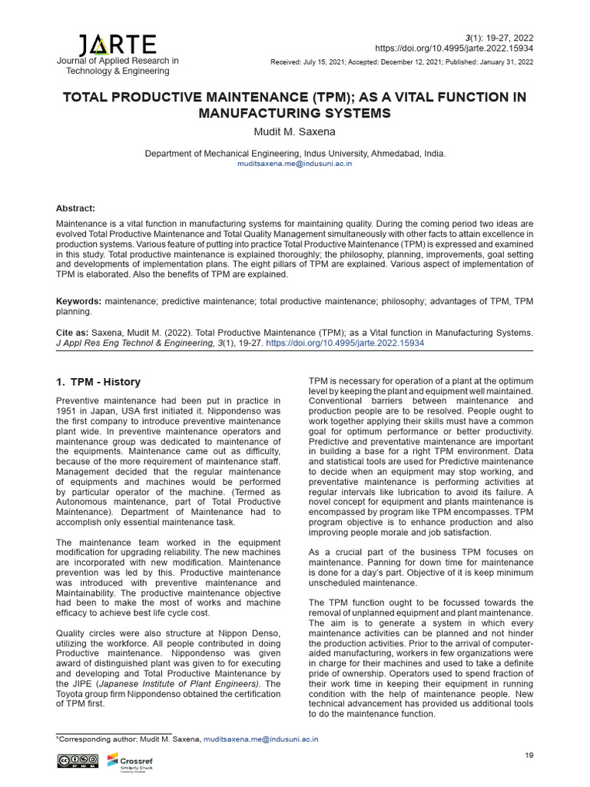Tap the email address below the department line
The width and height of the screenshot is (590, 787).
(x=295, y=165)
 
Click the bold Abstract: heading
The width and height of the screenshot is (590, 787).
(x=76, y=208)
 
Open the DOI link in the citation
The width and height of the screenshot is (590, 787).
(x=345, y=344)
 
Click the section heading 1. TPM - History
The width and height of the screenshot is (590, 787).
(x=98, y=382)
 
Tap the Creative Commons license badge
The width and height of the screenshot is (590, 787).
(x=75, y=762)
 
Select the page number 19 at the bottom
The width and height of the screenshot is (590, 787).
(x=528, y=756)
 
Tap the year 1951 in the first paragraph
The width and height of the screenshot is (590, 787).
(x=71, y=410)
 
